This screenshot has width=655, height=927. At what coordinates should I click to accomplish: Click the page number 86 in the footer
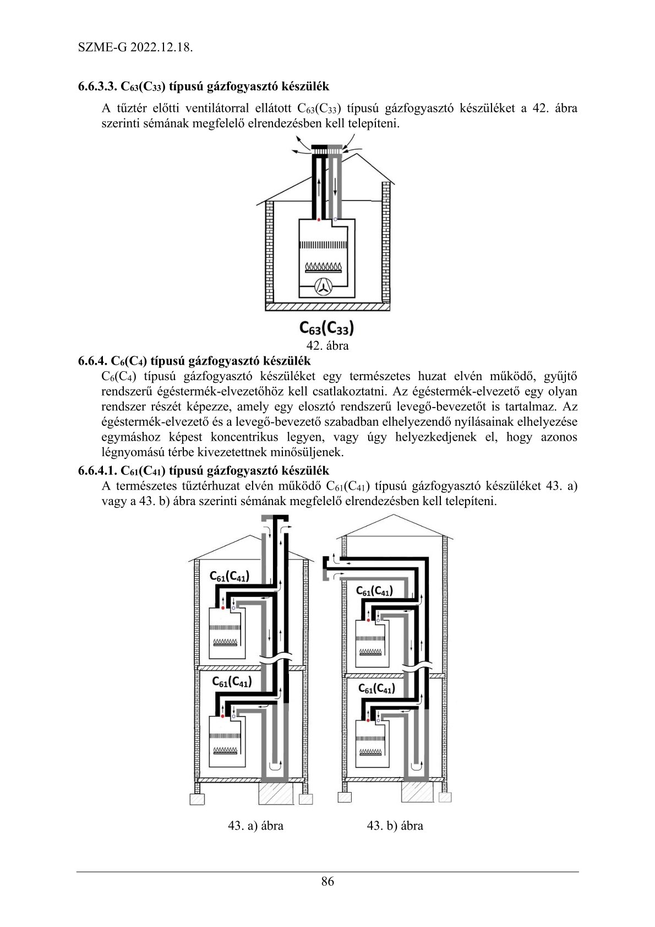327,881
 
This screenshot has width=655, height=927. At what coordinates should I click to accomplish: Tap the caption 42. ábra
327,346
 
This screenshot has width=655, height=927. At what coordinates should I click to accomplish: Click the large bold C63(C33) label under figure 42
326,328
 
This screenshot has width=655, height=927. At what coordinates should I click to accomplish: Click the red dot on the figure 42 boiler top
319,219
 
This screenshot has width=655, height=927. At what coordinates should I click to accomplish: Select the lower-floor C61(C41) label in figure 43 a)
231,682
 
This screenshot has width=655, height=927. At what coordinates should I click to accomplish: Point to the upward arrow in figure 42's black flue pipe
319,187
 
